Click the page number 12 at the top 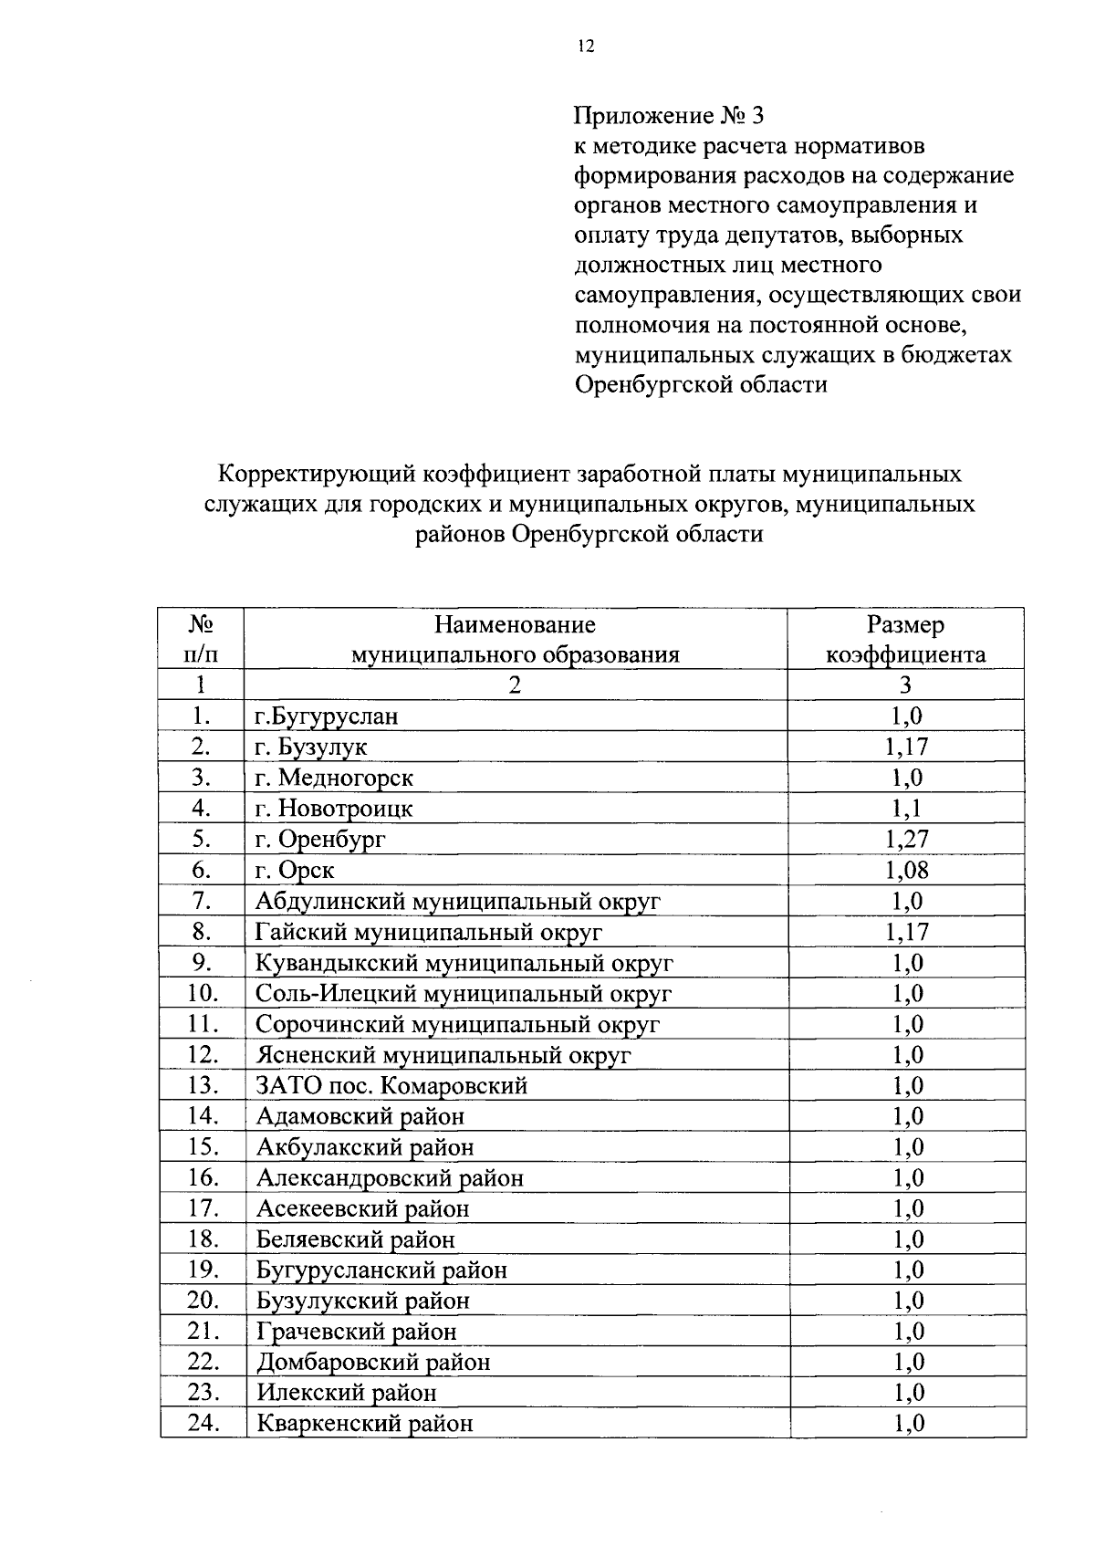[585, 47]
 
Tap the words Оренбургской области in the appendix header [700, 384]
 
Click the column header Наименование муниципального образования [516, 639]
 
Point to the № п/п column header [202, 639]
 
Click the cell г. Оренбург [320, 839]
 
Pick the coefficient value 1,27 [906, 839]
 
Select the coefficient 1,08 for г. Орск [906, 870]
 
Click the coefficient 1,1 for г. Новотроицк [906, 808]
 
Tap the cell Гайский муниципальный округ [429, 932]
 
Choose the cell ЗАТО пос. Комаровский [391, 1085]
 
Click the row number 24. [203, 1423]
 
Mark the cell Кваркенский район [365, 1423]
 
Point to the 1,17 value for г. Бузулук [906, 747]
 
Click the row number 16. [203, 1177]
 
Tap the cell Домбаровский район [373, 1362]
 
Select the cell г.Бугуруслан [327, 716]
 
